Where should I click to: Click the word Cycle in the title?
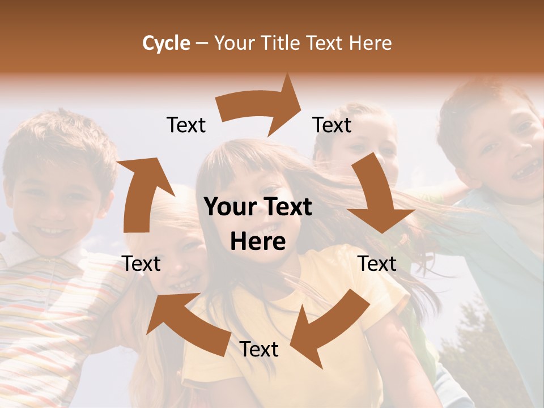(x=166, y=43)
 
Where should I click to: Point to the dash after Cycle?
(x=202, y=44)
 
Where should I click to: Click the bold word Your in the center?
(x=229, y=207)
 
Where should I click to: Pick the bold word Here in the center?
(x=258, y=242)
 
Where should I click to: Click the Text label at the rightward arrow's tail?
(x=186, y=125)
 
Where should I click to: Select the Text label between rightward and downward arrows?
(x=332, y=125)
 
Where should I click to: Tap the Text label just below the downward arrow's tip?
(x=377, y=263)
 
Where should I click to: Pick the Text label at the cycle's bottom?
(x=259, y=350)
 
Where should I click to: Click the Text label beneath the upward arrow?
(x=142, y=263)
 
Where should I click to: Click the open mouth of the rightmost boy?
(x=528, y=168)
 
